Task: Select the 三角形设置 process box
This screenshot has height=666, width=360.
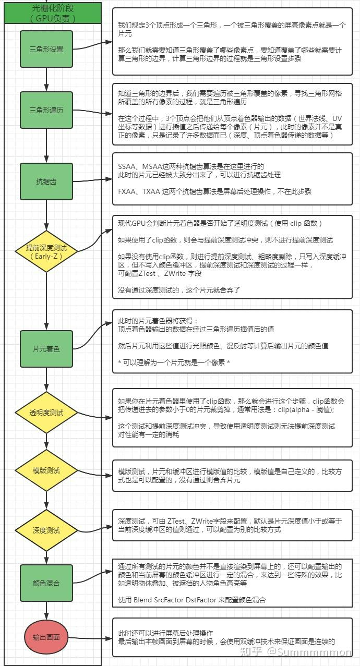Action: (x=46, y=49)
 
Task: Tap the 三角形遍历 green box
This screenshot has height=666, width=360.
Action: (x=46, y=111)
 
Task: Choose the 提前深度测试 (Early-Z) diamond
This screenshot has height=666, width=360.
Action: (x=46, y=251)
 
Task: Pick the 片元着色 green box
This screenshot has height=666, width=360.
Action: (x=46, y=348)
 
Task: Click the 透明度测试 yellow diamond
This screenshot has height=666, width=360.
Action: (x=46, y=412)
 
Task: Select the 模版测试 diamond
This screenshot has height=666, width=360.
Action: (x=46, y=470)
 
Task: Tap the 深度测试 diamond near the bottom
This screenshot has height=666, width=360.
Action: (x=46, y=530)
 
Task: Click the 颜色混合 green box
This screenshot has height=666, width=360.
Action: (x=46, y=583)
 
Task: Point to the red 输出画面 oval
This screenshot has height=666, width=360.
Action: (x=46, y=637)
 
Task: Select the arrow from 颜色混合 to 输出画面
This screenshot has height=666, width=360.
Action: (x=46, y=610)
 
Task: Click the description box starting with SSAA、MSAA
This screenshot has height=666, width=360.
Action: (x=233, y=179)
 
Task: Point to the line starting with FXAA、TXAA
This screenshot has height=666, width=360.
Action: (x=214, y=191)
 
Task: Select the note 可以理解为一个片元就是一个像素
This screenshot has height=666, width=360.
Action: (x=174, y=362)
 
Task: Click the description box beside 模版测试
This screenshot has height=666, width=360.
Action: (x=233, y=475)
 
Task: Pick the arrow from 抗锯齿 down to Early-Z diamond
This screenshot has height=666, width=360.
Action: (x=46, y=215)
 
